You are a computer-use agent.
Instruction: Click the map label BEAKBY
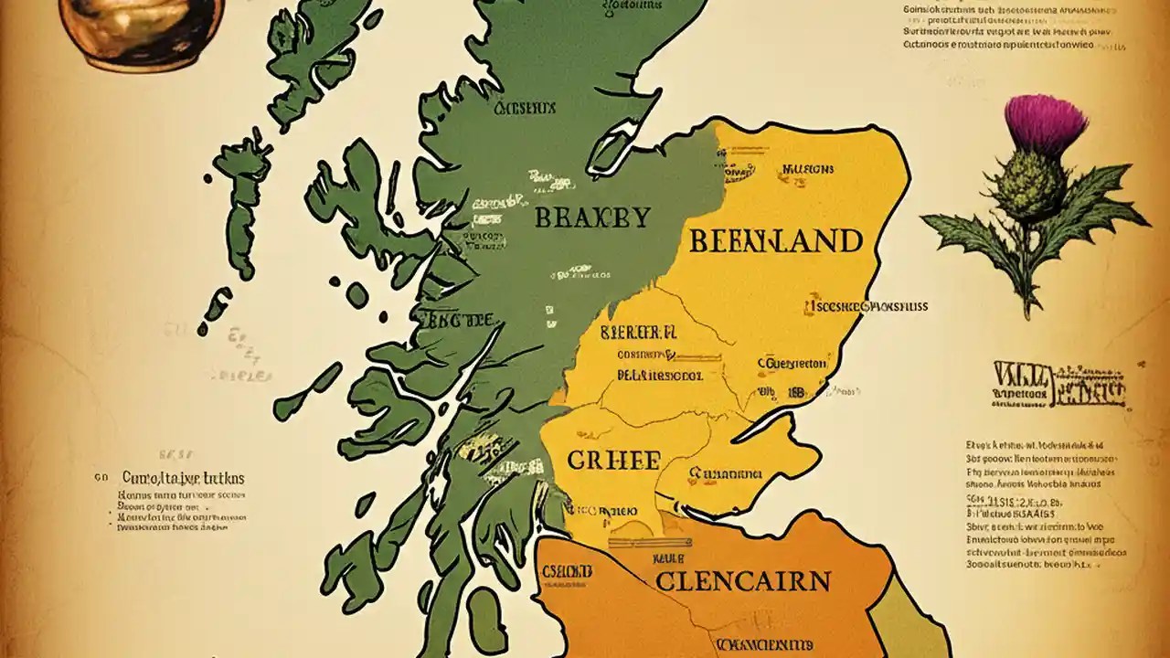click(591, 218)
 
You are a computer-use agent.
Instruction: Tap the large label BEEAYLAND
click(775, 241)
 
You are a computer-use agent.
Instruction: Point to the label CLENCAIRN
click(742, 580)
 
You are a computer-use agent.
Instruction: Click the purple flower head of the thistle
click(1045, 122)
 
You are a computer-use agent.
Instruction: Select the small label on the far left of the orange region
click(567, 572)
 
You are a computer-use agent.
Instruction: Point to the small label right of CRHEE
click(726, 474)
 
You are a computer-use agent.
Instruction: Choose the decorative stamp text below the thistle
click(1060, 385)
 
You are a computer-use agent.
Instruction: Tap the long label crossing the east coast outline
click(866, 306)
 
